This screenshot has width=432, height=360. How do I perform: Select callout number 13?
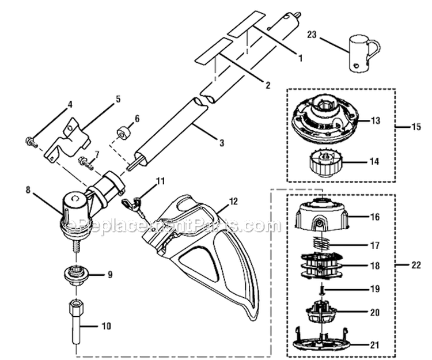pyautogui.click(x=376, y=121)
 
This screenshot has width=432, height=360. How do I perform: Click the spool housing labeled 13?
pyautogui.click(x=323, y=118)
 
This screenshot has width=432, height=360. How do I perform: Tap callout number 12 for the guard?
pyautogui.click(x=233, y=202)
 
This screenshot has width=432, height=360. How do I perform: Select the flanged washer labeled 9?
pyautogui.click(x=77, y=275)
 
